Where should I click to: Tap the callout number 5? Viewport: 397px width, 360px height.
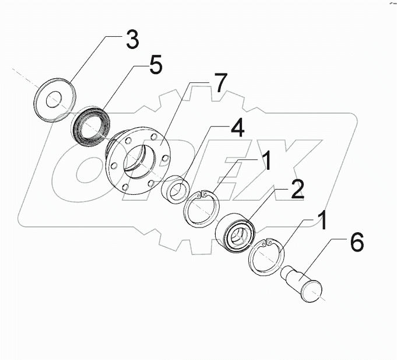[155, 65]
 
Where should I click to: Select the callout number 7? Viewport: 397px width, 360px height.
[217, 85]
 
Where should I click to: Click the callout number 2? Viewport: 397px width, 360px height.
[297, 190]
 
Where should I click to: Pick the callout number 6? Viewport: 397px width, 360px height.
[356, 242]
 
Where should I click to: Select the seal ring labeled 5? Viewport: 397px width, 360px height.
[90, 124]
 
